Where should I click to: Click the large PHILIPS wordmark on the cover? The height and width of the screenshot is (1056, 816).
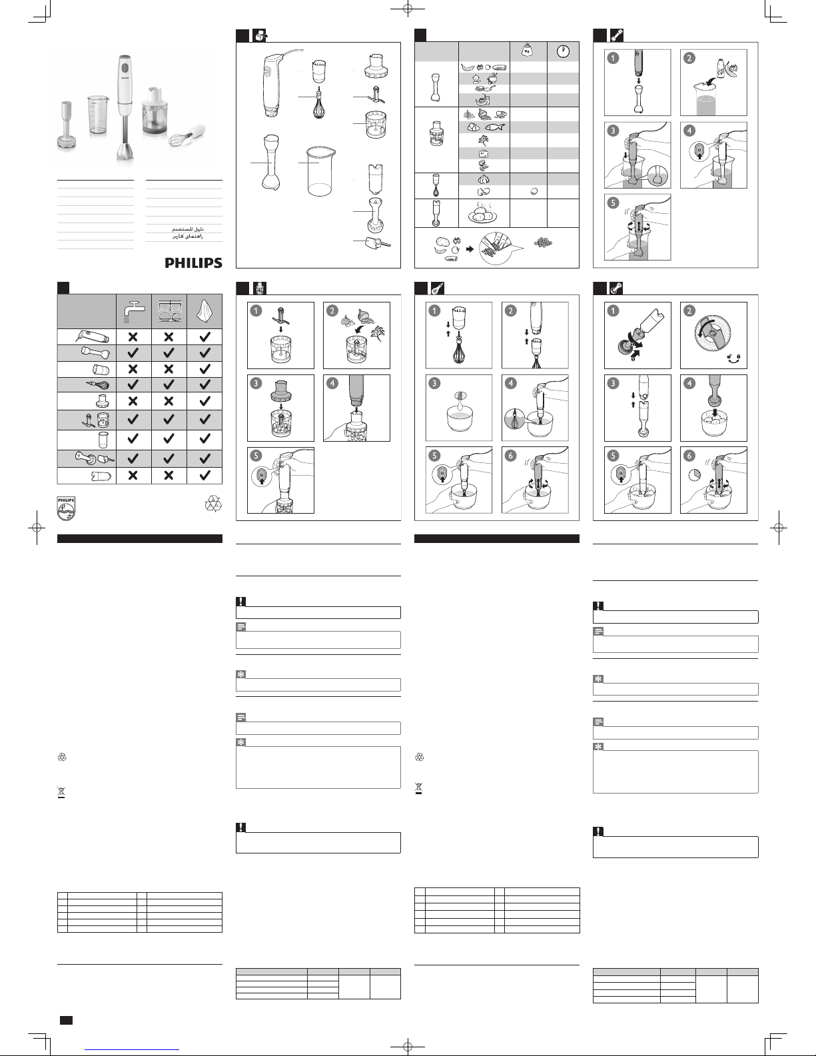(x=193, y=263)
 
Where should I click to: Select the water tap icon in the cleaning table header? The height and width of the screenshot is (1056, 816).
(x=133, y=310)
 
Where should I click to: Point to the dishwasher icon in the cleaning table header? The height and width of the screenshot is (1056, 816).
(x=169, y=310)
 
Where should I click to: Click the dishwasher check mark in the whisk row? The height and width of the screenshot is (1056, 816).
(x=169, y=384)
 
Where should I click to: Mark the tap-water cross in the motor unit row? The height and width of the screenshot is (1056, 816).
(x=133, y=337)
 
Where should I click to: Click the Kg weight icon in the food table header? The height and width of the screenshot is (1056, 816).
(x=528, y=50)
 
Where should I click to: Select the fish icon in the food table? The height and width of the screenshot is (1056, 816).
(x=498, y=127)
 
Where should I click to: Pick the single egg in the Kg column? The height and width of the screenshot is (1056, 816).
(x=532, y=192)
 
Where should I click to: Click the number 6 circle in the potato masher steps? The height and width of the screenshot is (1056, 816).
(x=689, y=455)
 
